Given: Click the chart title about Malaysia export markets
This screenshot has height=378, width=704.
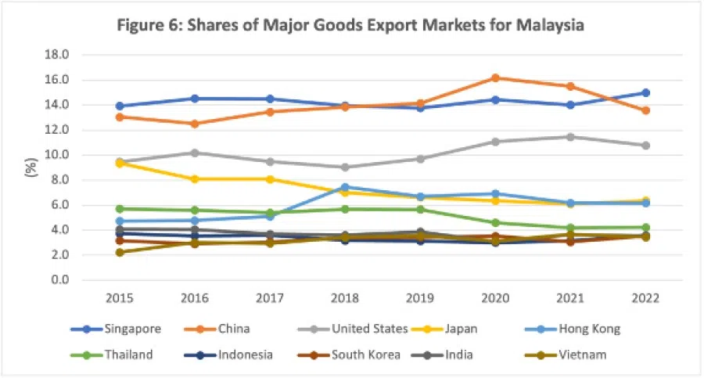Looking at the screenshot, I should [350, 25].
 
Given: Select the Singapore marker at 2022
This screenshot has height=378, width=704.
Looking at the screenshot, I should [645, 92].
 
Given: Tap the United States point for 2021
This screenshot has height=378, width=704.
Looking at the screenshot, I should [569, 137].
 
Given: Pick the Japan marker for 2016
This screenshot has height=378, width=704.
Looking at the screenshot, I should [195, 179].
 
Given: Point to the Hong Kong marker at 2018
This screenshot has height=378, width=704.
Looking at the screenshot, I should [345, 187].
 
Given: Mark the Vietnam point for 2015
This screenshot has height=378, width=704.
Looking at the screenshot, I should [120, 252].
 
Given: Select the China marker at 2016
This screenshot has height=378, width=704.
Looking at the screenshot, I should [195, 124].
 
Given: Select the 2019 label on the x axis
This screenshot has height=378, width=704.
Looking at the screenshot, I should [419, 298].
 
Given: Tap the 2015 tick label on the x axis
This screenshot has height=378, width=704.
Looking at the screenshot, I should [120, 298].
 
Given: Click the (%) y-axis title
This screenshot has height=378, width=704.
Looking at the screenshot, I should [34, 167].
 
